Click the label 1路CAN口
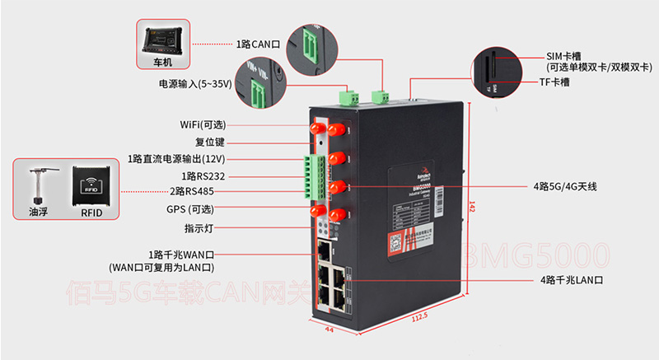(x=257, y=43)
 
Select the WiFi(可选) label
(x=203, y=124)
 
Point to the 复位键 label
(x=210, y=142)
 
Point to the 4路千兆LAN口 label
(x=573, y=281)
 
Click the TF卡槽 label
(x=555, y=82)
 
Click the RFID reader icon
(x=91, y=186)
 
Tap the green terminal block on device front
(x=311, y=175)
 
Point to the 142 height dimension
(x=470, y=206)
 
